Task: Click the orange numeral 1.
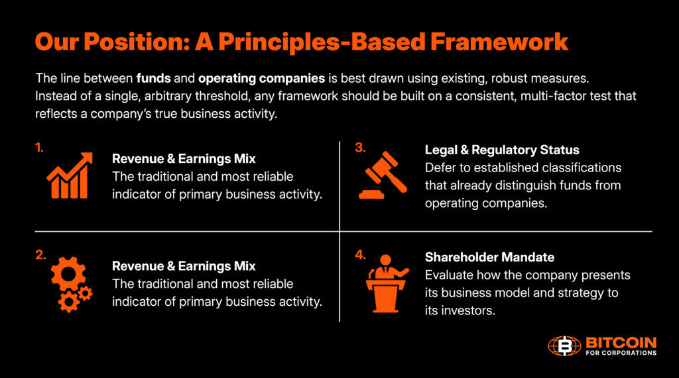39,148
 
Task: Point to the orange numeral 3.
360,148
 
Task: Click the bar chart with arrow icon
69,175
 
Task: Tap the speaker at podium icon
387,283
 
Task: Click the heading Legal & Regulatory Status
501,150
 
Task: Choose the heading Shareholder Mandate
489,257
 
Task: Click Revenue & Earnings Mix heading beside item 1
184,159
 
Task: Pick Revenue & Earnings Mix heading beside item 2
184,266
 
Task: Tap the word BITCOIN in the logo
621,342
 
